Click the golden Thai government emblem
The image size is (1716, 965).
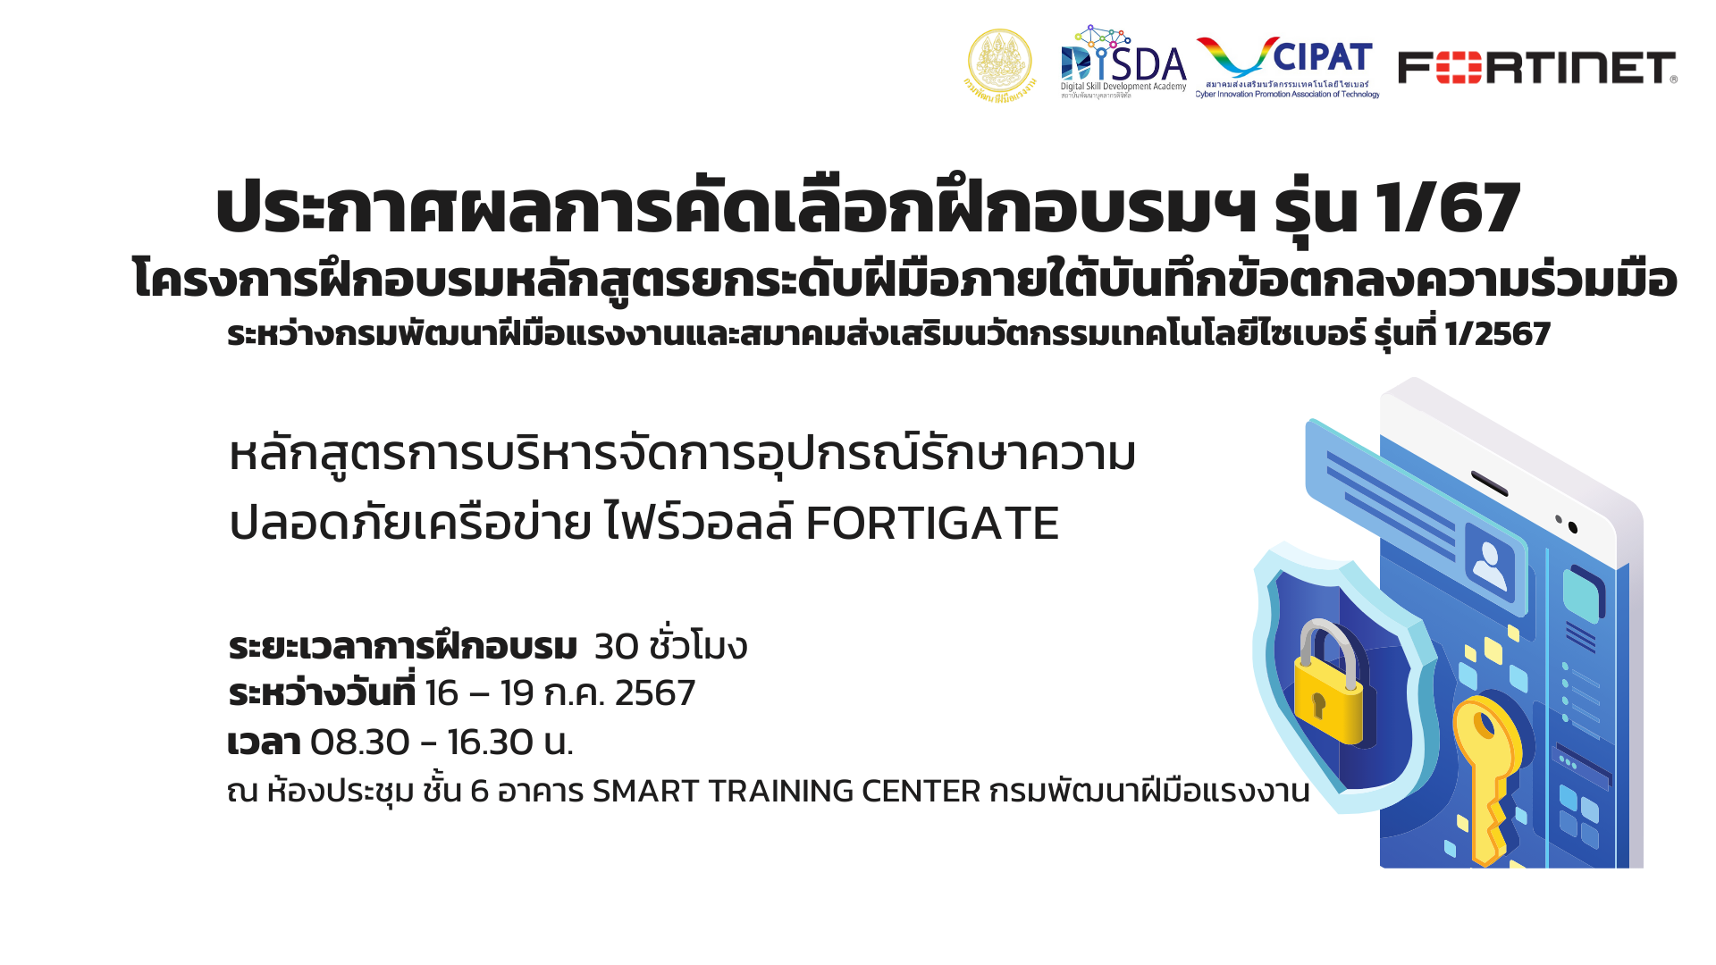coord(1000,64)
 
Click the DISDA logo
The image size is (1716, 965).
coord(1123,62)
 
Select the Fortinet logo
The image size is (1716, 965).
coord(1537,68)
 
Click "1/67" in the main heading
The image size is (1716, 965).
coord(1448,208)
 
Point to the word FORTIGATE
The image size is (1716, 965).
coord(932,524)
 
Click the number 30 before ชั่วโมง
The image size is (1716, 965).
coord(616,647)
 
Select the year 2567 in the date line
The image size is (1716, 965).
coord(655,693)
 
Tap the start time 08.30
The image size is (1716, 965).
coord(360,743)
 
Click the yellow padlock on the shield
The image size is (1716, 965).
coord(1329,684)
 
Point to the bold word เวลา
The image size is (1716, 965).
coord(264,743)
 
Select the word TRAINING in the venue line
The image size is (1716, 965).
coord(780,792)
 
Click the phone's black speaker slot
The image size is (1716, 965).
coord(1489,482)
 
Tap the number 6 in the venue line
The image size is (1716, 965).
coord(479,792)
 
